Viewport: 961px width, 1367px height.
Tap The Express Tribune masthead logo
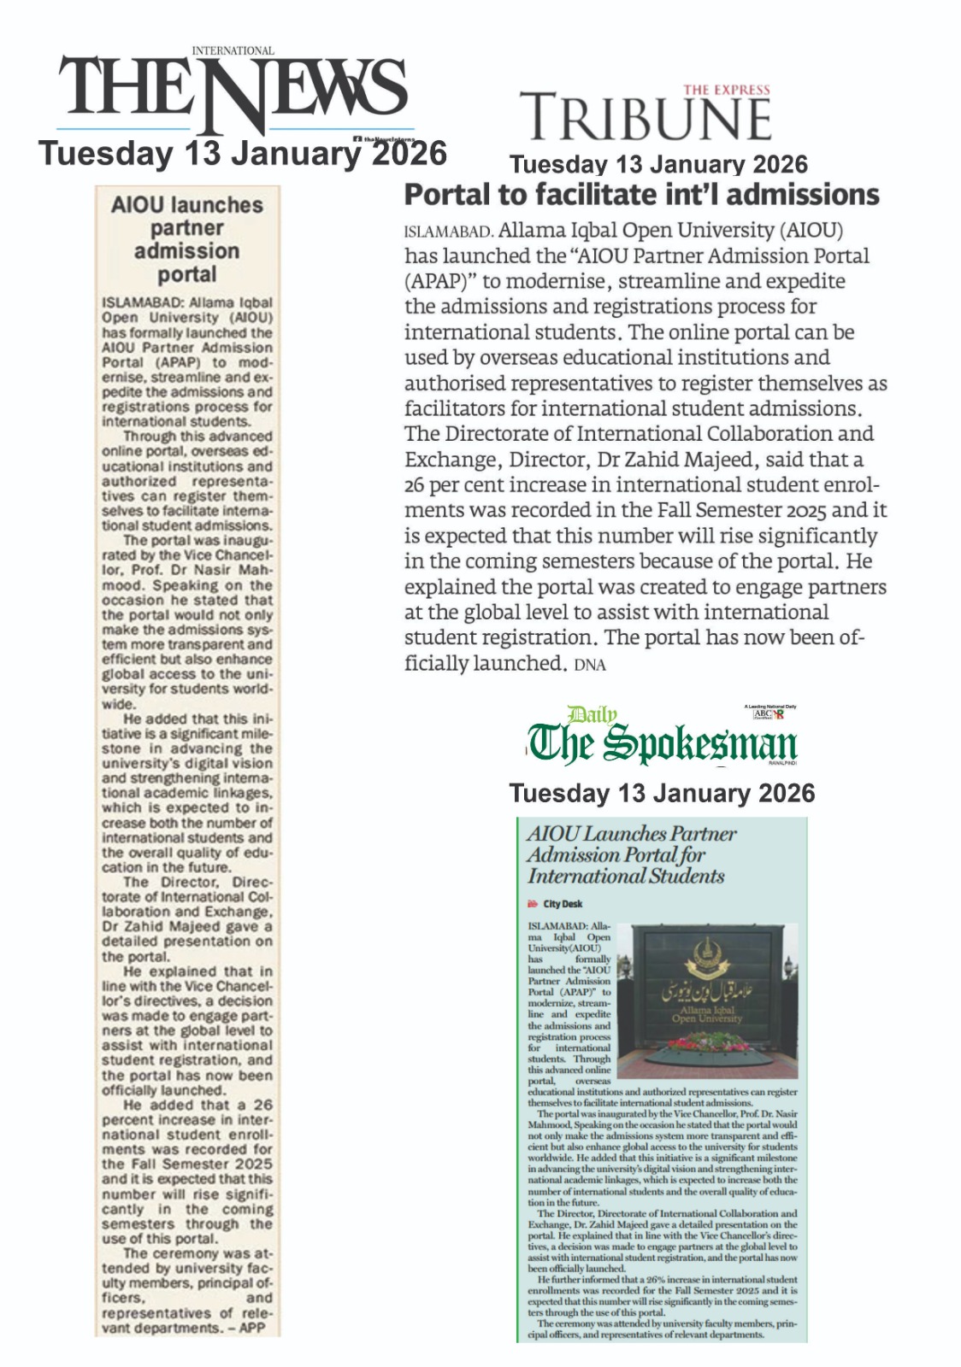[646, 114]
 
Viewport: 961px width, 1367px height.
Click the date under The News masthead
[242, 154]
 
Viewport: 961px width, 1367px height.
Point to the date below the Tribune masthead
[658, 164]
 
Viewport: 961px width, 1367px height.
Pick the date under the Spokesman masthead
[662, 793]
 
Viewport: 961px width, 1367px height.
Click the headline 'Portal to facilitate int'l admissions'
[641, 195]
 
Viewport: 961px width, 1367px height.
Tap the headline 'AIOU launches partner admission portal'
[187, 239]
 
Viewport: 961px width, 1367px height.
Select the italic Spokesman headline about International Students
[630, 854]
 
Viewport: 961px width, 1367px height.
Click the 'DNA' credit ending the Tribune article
[590, 665]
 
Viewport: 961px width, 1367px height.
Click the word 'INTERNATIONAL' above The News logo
[233, 51]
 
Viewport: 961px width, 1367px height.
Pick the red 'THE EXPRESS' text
[726, 90]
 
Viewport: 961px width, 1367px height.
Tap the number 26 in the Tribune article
[416, 485]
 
